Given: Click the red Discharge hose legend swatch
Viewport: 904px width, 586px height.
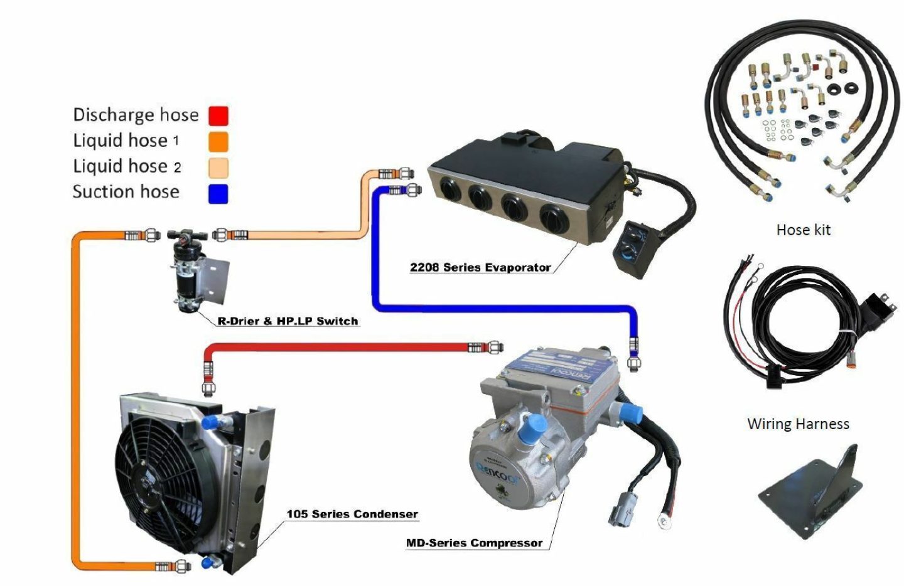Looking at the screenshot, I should [x=218, y=115].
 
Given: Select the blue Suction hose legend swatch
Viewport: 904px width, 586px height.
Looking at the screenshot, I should [x=218, y=193].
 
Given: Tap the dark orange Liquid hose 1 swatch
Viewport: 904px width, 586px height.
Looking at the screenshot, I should [x=218, y=141].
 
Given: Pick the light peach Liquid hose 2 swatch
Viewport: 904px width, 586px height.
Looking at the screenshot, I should [x=218, y=168].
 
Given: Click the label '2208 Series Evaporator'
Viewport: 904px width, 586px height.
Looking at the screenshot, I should [x=480, y=267].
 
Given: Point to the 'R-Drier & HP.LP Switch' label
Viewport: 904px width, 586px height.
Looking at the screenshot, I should [x=288, y=321].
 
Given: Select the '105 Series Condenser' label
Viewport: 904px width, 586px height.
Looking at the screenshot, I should [x=352, y=514].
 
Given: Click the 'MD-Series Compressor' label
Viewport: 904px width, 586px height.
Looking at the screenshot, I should [x=474, y=543].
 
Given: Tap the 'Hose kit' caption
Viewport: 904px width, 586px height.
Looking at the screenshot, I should [x=803, y=230].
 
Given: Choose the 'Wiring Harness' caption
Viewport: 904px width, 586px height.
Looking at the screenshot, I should [x=798, y=424].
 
